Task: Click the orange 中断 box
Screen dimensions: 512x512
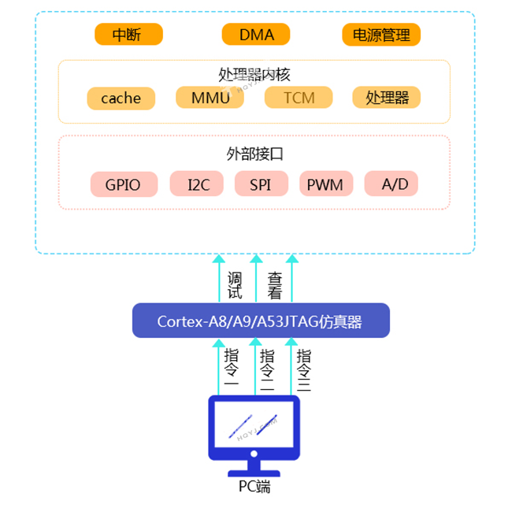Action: [x=128, y=35]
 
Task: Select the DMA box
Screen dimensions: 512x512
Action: [x=256, y=35]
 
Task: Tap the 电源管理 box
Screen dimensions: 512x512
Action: [x=381, y=35]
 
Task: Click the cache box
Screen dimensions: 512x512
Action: [x=121, y=98]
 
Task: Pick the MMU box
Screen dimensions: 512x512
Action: [x=210, y=98]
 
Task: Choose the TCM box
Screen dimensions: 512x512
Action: [x=299, y=98]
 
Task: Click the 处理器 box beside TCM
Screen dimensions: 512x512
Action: [x=387, y=98]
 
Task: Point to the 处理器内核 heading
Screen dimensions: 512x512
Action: [x=254, y=75]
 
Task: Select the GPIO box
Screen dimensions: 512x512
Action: [x=122, y=184]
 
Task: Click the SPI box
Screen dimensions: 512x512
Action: [x=261, y=184]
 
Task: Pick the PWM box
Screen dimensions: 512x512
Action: [x=325, y=184]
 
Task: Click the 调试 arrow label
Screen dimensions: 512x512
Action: [x=235, y=286]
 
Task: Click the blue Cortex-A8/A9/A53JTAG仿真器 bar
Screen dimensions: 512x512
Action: [x=260, y=321]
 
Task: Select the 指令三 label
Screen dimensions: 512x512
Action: [x=304, y=370]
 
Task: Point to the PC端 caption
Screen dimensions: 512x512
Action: [x=254, y=486]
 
